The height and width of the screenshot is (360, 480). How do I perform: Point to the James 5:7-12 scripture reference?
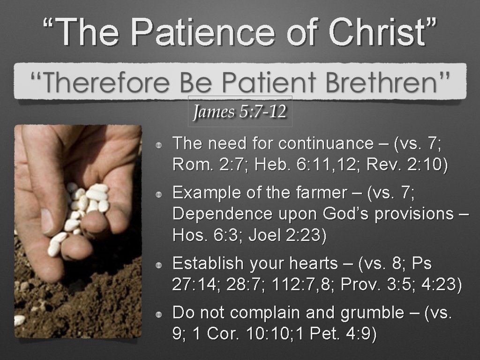(240, 112)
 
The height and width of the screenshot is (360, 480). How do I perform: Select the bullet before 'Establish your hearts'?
(160, 265)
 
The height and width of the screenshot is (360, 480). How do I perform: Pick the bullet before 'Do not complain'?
(160, 314)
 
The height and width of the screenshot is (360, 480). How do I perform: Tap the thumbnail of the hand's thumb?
(46, 220)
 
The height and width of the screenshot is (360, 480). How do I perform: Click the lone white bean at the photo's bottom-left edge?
(19, 320)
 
